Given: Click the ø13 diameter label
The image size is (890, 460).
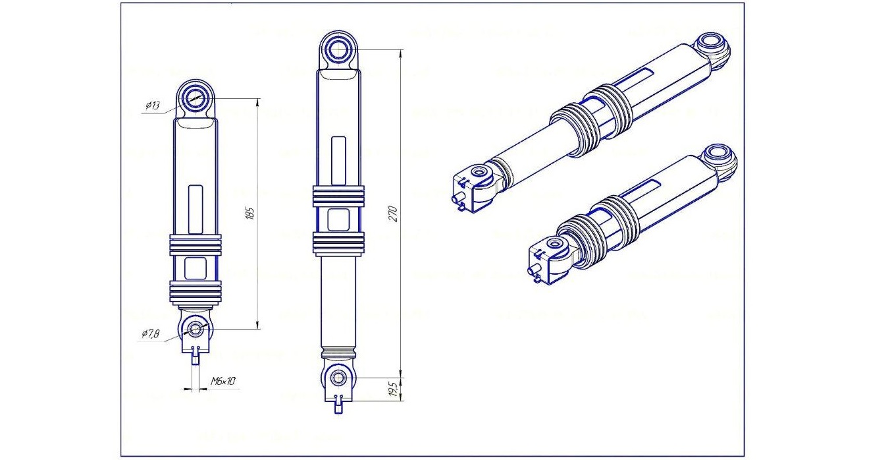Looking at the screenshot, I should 152,105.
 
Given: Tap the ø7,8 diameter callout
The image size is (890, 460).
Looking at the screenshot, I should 151,334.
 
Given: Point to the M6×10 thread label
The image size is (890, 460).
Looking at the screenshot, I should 223,382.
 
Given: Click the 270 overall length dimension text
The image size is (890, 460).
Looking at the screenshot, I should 393,214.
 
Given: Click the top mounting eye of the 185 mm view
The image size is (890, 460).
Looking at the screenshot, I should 195,99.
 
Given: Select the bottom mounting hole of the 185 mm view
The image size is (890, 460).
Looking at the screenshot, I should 195,328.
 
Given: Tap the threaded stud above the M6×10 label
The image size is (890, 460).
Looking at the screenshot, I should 195,356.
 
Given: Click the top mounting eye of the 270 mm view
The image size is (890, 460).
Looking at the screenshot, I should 339,49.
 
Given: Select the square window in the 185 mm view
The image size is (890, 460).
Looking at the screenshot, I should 196,268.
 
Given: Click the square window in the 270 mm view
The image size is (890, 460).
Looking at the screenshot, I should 338,219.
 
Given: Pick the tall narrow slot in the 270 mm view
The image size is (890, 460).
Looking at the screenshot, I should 338,160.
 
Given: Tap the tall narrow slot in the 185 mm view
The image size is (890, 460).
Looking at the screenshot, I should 196,209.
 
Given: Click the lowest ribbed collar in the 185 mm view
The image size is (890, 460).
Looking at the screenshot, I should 196,291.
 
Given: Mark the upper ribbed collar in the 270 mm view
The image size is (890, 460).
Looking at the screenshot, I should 338,196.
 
